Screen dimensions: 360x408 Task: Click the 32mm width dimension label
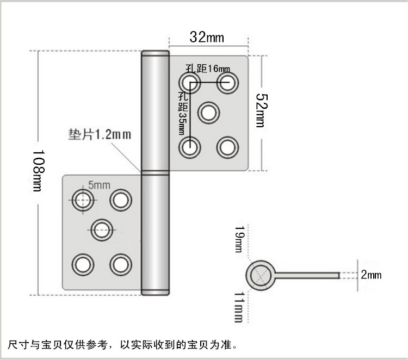click(206, 37)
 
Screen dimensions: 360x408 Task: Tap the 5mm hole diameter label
click(98, 185)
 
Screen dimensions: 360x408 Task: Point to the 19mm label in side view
click(238, 239)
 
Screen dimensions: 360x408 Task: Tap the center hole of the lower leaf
click(101, 230)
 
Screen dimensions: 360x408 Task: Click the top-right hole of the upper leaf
click(227, 83)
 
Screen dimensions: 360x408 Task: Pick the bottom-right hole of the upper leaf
click(227, 147)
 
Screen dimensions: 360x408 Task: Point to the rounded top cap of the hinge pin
click(155, 55)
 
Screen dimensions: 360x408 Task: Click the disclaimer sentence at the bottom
click(122, 344)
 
